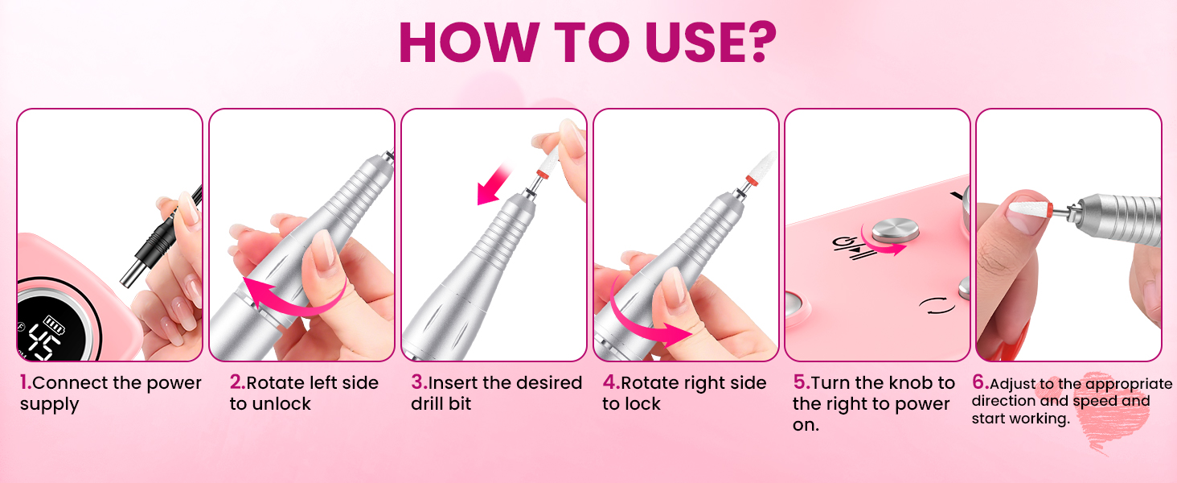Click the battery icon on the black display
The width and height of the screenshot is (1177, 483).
coord(55,324)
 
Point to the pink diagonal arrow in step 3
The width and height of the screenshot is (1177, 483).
coord(493,184)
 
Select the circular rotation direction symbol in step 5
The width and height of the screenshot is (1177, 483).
coord(937,305)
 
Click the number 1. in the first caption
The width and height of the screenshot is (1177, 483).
coord(26,382)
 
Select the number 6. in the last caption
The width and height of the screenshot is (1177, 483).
coord(981,382)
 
